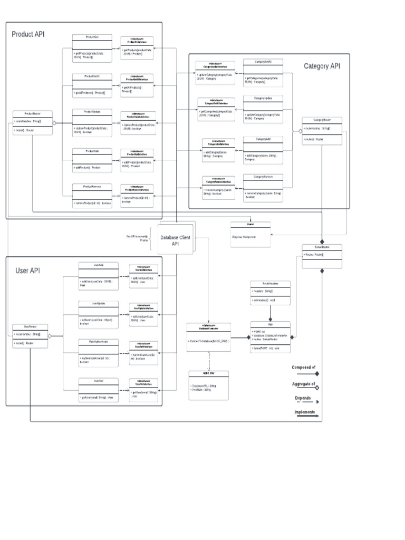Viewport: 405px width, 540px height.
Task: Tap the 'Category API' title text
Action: [x=322, y=66]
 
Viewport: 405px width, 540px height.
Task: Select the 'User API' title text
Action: [x=28, y=271]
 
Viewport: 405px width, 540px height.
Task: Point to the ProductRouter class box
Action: [x=33, y=122]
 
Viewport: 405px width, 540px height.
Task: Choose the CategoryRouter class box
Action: [x=322, y=130]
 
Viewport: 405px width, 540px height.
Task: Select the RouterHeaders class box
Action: [x=270, y=293]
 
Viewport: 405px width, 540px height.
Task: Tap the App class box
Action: [x=271, y=336]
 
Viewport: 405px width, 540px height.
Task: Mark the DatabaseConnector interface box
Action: [x=209, y=335]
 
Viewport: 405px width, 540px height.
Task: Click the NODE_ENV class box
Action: [x=208, y=385]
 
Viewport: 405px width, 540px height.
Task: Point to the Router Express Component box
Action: [x=250, y=233]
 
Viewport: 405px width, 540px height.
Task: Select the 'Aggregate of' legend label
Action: [x=304, y=384]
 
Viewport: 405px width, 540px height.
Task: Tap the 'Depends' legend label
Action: [x=303, y=398]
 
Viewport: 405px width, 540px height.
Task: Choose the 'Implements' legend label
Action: [x=304, y=412]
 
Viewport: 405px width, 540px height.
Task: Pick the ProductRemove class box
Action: [x=93, y=195]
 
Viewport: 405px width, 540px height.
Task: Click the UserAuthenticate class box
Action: [x=98, y=351]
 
